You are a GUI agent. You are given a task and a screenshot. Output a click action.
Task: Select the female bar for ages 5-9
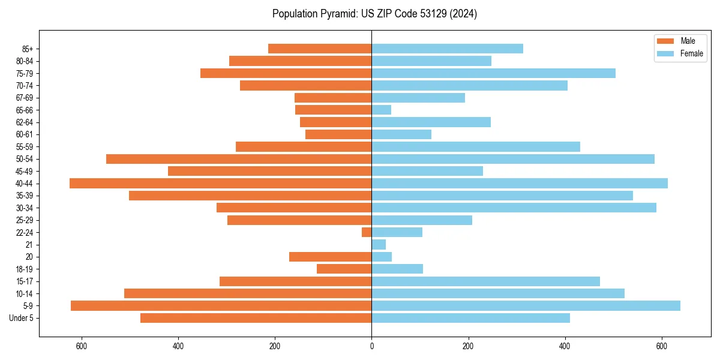526,306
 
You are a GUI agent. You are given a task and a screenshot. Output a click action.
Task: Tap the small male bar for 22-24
367,232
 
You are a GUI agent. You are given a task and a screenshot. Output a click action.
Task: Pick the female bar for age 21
379,245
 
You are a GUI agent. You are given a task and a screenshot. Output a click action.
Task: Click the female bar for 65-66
382,110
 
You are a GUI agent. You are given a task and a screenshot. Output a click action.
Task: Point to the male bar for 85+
320,49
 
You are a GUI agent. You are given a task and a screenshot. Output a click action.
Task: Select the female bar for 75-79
493,73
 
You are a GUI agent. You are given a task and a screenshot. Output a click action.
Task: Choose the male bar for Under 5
256,318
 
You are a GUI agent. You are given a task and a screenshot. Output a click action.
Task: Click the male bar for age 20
330,257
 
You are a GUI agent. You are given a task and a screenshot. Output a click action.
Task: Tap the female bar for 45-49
427,171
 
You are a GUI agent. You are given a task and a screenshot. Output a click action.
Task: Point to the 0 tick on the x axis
371,346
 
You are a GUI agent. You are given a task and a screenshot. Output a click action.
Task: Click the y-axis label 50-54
25,159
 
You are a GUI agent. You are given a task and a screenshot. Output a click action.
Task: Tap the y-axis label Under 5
21,318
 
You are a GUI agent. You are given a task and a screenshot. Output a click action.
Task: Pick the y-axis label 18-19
25,269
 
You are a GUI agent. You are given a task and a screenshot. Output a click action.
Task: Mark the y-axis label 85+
27,49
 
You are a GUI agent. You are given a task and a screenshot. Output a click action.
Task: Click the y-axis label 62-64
25,122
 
